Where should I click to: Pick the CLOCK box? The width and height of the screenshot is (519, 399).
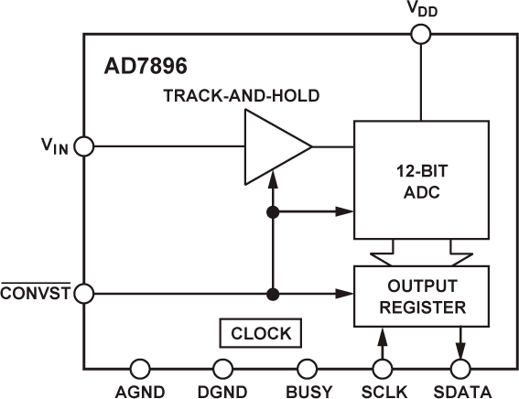pyautogui.click(x=261, y=333)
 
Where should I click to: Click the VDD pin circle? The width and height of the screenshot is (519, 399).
pyautogui.click(x=421, y=34)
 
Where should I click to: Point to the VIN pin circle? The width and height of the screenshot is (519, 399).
pyautogui.click(x=83, y=146)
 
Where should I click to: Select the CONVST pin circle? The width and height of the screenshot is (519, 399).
pyautogui.click(x=83, y=294)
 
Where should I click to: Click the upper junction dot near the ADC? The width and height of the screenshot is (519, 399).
pyautogui.click(x=272, y=212)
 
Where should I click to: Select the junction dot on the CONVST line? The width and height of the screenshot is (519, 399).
pyautogui.click(x=272, y=294)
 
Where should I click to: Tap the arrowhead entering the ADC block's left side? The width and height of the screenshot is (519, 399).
pyautogui.click(x=348, y=212)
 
